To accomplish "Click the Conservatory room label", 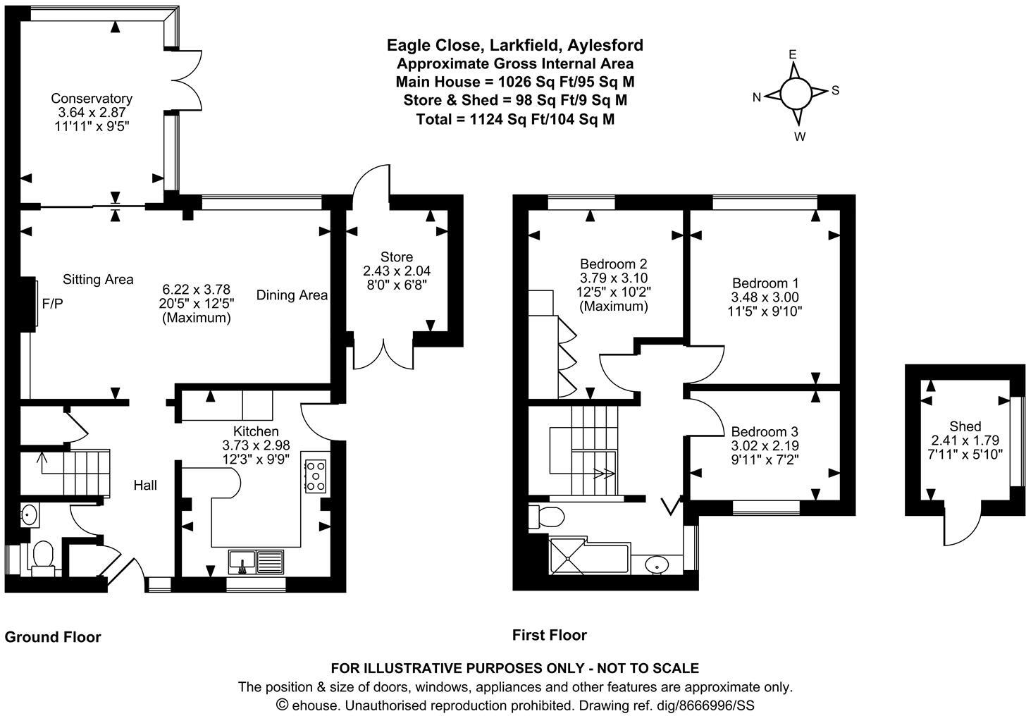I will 92,99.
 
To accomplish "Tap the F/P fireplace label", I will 53,304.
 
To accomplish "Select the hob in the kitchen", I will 315,476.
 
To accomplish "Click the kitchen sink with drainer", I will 256,561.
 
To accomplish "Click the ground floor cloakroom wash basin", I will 30,514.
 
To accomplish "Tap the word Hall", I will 145,485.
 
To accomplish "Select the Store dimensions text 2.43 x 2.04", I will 397,271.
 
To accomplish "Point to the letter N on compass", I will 757,98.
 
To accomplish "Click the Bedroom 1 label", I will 765,282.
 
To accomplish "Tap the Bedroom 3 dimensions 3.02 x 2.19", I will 765,445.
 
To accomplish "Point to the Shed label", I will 965,426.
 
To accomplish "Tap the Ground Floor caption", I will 53,637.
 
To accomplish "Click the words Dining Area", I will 292,295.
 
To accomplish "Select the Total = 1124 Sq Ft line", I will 515,119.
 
